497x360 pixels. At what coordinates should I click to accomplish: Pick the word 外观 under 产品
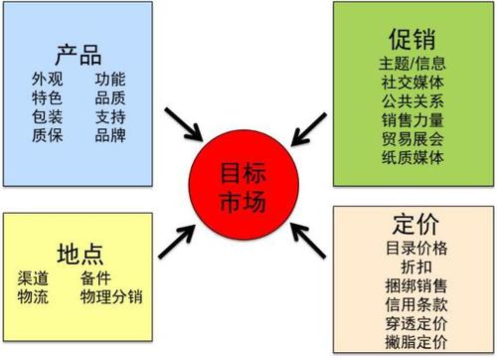click(47, 79)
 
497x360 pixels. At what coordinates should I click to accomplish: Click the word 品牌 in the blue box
click(110, 135)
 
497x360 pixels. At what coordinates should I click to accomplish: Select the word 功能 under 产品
click(110, 79)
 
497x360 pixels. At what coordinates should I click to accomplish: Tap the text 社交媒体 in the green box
click(412, 82)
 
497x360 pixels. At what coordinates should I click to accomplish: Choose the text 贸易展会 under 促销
click(412, 138)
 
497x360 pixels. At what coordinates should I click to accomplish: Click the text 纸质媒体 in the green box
click(412, 157)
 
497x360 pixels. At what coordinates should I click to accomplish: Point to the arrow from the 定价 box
click(308, 237)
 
